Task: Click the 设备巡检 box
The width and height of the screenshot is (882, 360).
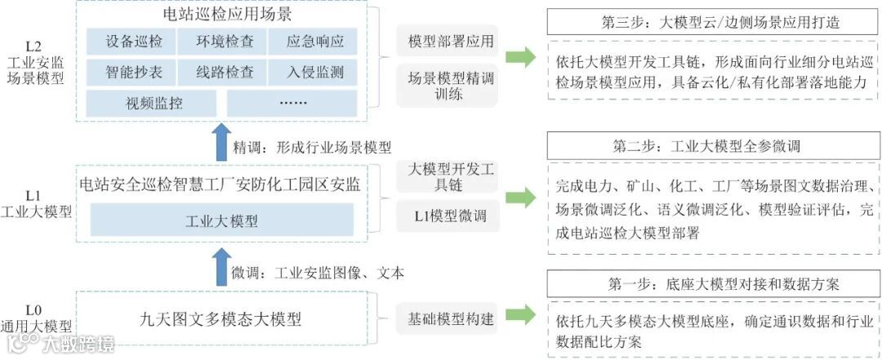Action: (x=134, y=40)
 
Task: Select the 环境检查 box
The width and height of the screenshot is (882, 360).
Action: (x=224, y=40)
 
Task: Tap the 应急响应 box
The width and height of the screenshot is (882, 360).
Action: (x=316, y=40)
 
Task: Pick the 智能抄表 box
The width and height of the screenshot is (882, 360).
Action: (x=134, y=72)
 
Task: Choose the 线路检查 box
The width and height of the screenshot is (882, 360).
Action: (x=224, y=72)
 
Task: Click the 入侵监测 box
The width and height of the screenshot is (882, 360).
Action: (x=316, y=72)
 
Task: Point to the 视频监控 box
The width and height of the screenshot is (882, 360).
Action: (x=151, y=104)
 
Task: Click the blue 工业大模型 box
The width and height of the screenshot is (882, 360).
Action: (x=222, y=220)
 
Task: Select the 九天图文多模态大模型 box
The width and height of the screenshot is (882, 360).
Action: (x=222, y=313)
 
